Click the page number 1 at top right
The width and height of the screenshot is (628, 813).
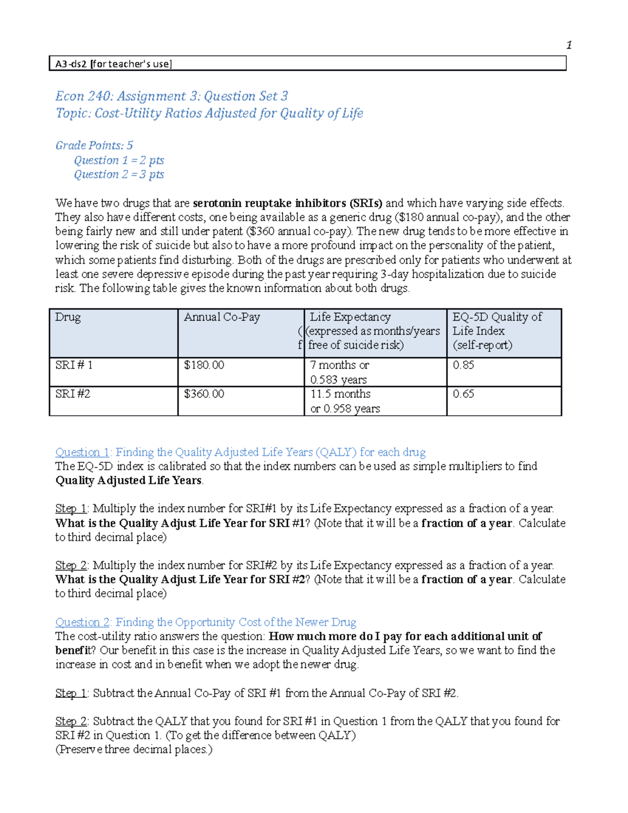(569, 45)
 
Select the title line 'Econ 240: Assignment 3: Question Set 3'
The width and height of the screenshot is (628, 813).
(172, 96)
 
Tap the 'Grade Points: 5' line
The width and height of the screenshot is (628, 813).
(94, 146)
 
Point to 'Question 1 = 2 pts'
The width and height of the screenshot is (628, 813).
(119, 160)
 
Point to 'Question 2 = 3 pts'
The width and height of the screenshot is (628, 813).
(119, 174)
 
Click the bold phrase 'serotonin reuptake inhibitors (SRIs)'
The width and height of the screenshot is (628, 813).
(287, 203)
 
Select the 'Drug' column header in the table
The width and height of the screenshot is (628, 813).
(68, 317)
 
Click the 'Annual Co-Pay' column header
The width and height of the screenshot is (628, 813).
(221, 317)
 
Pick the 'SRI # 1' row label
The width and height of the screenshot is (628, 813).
(74, 365)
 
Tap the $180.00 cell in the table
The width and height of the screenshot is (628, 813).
(204, 365)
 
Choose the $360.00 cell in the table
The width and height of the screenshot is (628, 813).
(204, 394)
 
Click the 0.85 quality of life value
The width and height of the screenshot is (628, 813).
(463, 365)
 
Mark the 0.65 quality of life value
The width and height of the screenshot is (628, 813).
(463, 394)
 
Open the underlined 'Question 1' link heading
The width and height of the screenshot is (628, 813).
(82, 452)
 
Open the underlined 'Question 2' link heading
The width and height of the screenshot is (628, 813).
(82, 622)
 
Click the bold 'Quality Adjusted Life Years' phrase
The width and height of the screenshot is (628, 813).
(128, 481)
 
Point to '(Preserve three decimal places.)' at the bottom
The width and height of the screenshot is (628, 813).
(134, 750)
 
